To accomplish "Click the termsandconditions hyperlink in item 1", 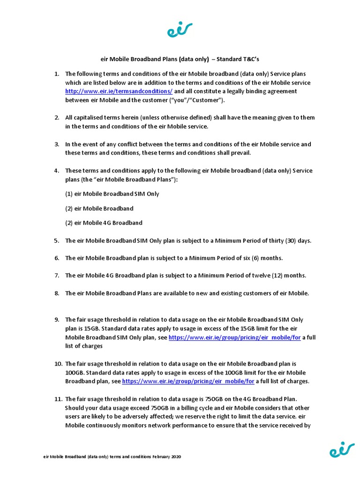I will click(x=119, y=91).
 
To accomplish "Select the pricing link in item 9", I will click(x=234, y=337).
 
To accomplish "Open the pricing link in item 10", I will click(x=188, y=382).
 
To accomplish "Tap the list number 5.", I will click(x=56, y=241).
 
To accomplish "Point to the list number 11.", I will click(x=58, y=399).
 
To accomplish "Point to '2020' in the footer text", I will click(x=175, y=457).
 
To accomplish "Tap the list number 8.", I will click(x=56, y=293).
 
